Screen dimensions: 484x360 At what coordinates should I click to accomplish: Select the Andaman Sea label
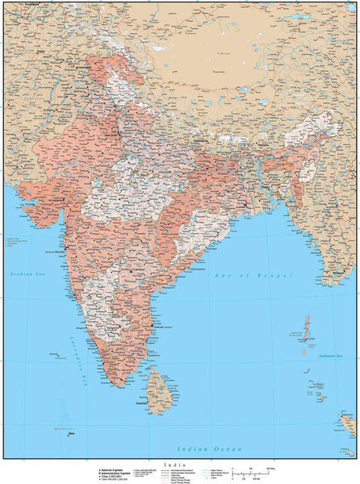coord(345,355)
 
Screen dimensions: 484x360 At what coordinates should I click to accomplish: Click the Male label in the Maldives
coord(72,434)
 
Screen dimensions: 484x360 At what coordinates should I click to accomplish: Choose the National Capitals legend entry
coord(112,469)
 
